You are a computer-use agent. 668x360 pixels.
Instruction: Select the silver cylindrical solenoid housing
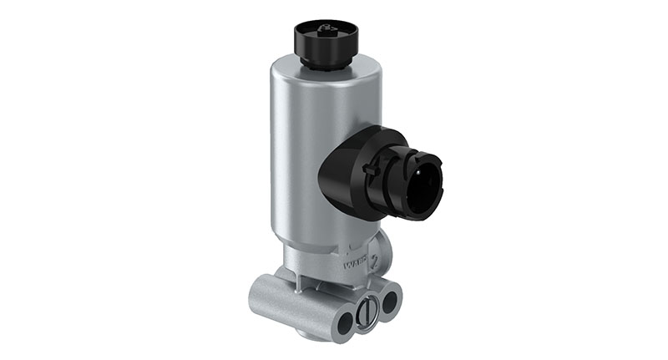click(x=301, y=150)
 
